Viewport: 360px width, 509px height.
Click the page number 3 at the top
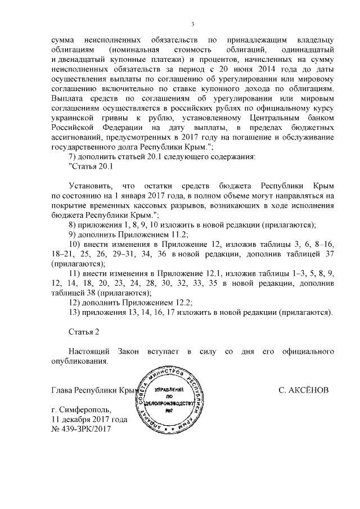coord(192,24)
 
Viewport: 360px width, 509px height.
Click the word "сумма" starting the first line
coord(62,40)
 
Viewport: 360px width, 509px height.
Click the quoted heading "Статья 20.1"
coord(91,167)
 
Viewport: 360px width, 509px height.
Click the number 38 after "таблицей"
coord(88,293)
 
